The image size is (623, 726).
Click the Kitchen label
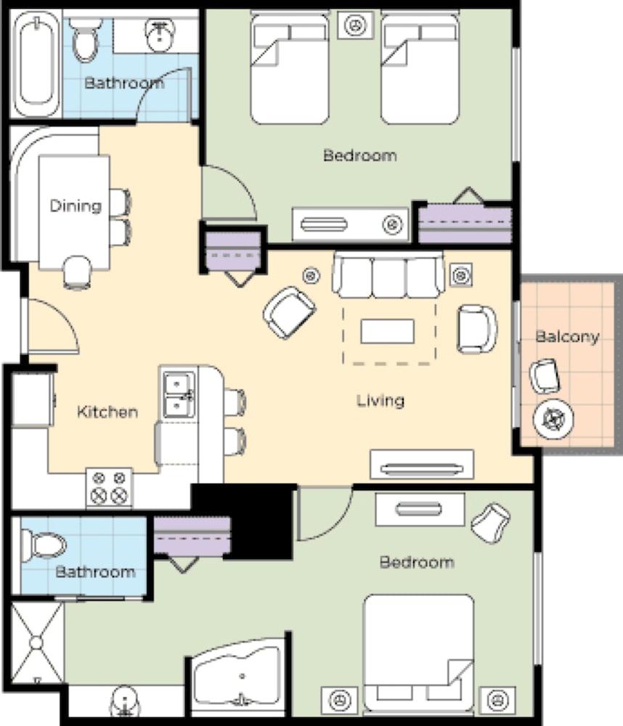107,412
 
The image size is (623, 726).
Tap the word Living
380,401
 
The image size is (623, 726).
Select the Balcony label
567,337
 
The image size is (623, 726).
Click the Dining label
76,206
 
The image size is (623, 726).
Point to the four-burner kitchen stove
110,487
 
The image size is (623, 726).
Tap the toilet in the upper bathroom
85,40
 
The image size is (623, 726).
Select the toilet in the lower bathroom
44,544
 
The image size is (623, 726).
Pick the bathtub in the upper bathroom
36,65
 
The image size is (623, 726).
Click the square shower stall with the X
36,643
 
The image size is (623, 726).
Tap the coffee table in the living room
387,331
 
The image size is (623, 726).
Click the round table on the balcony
553,419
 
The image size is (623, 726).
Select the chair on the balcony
545,376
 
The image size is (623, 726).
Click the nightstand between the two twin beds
355,25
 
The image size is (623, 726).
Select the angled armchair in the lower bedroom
491,522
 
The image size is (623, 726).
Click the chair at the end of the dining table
78,273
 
